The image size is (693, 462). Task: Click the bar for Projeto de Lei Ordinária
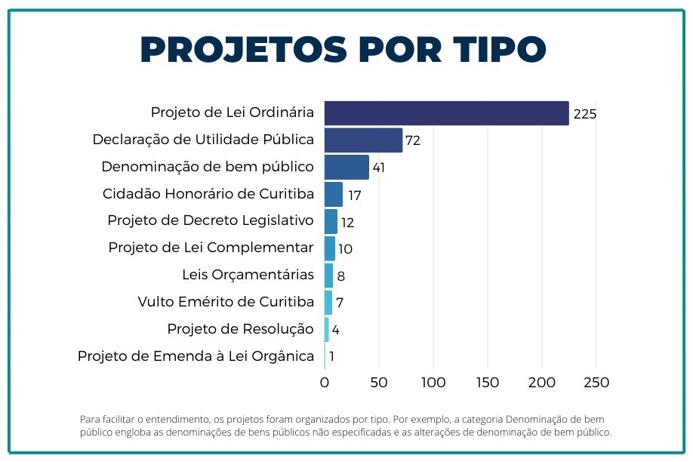click(446, 113)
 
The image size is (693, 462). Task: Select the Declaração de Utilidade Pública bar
click(363, 140)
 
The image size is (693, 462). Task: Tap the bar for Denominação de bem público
click(346, 168)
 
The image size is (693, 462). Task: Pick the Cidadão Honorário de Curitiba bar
click(334, 195)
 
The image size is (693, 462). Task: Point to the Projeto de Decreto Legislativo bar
click(331, 222)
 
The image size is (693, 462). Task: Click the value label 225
click(585, 114)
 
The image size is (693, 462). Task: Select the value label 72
click(412, 141)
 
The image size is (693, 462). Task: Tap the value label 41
click(379, 168)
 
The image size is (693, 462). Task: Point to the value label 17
click(353, 196)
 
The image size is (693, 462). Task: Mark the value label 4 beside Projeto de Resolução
click(335, 330)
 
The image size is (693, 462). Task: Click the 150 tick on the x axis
click(488, 383)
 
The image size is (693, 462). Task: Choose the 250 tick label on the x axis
click(596, 383)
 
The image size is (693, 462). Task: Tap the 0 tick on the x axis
click(325, 383)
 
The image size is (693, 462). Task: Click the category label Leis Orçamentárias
click(248, 275)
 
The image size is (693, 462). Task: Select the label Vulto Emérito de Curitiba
click(226, 302)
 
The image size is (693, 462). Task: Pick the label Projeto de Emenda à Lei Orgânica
click(196, 356)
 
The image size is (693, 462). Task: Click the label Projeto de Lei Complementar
click(211, 248)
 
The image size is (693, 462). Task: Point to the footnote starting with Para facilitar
click(345, 426)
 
